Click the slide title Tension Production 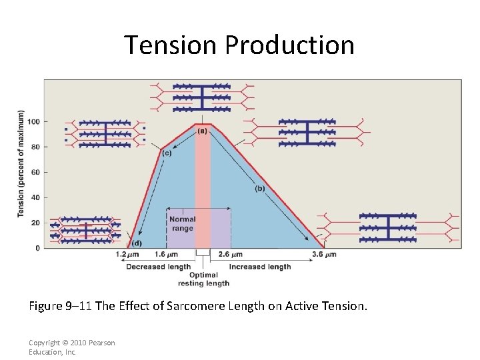(239, 45)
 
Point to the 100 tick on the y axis (33, 121)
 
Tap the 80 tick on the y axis (35, 147)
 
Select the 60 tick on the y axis (35, 172)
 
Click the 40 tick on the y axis (35, 197)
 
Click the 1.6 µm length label (167, 255)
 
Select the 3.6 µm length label (323, 255)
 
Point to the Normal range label (182, 223)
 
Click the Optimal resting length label (203, 279)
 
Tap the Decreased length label (159, 267)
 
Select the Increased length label (260, 267)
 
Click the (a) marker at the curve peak (202, 131)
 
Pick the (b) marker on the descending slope (259, 189)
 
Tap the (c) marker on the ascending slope (167, 153)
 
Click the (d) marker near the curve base (136, 243)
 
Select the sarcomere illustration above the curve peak (201, 97)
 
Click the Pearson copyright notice (71, 347)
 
